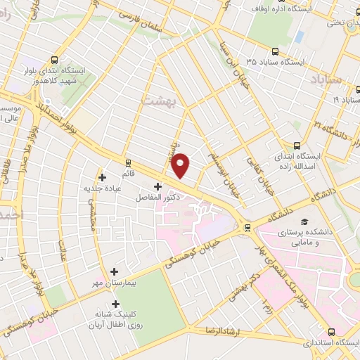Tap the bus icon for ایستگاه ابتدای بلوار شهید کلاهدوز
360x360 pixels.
click(56, 60)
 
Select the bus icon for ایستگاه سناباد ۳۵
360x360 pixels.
click(276, 51)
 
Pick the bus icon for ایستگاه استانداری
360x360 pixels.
click(332, 332)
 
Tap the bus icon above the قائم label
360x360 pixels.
click(128, 162)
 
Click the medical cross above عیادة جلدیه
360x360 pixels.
click(103, 177)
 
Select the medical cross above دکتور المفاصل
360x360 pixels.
click(157, 187)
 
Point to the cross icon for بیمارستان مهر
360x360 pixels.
click(114, 271)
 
